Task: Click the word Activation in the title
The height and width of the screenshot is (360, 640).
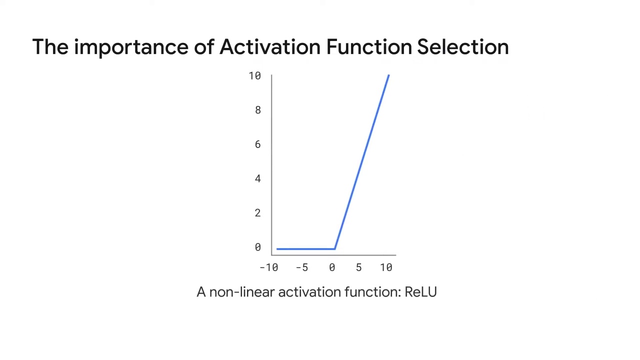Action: click(269, 47)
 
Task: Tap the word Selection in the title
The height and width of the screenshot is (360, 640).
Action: click(462, 47)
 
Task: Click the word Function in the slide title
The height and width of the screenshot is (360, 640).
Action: click(369, 47)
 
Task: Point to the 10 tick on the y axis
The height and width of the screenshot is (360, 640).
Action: click(254, 76)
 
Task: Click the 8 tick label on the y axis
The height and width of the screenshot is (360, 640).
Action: click(257, 110)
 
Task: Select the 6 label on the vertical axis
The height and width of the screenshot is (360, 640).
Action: click(257, 144)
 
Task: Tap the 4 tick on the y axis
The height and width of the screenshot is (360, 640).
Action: click(257, 178)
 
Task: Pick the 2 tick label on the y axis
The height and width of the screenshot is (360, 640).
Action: click(257, 213)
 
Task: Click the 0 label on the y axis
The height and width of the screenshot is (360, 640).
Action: click(257, 247)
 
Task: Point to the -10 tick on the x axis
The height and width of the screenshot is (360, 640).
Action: click(268, 267)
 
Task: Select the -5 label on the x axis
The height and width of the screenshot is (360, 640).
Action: click(301, 267)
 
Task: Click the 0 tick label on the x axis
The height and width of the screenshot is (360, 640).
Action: click(332, 267)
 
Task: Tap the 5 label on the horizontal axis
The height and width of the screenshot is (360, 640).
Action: click(358, 267)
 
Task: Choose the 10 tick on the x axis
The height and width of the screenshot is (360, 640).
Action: click(386, 267)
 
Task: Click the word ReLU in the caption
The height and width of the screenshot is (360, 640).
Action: click(420, 292)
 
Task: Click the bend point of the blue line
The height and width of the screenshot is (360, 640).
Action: click(334, 248)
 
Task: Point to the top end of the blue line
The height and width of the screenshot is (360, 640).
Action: click(388, 75)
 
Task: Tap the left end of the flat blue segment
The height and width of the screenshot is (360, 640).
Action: click(277, 248)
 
